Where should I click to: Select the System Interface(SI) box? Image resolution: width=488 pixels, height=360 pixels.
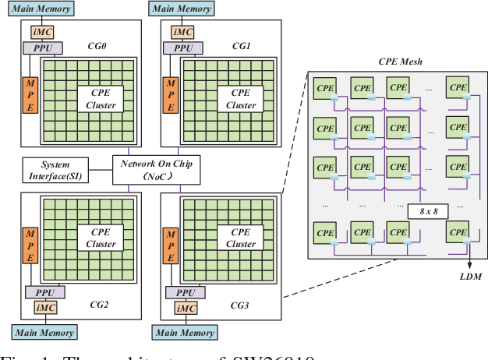(x=55, y=170)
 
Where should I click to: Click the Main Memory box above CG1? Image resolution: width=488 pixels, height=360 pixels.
(x=182, y=9)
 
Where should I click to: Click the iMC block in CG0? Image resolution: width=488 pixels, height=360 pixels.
(x=42, y=33)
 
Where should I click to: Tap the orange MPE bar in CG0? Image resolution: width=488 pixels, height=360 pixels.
(x=30, y=95)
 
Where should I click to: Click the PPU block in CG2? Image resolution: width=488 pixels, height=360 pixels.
(x=42, y=291)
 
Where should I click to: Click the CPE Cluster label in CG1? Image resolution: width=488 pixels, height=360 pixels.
(x=240, y=99)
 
